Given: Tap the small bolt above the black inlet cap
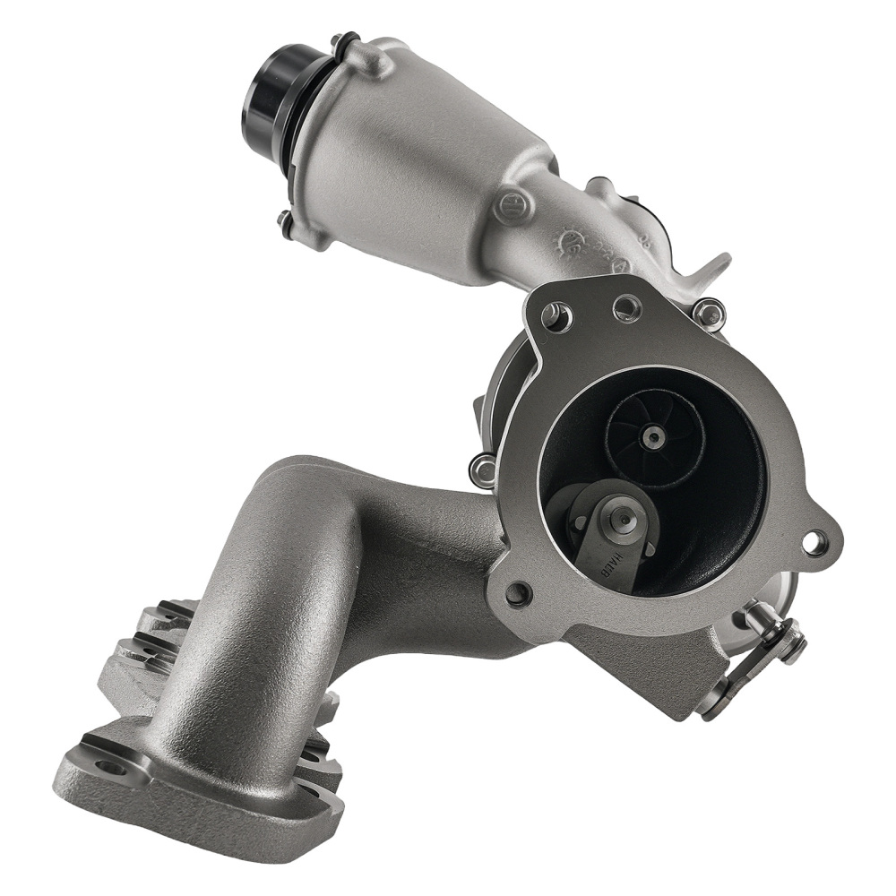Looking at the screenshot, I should pyautogui.click(x=339, y=41).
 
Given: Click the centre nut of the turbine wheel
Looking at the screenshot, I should pyautogui.click(x=656, y=437).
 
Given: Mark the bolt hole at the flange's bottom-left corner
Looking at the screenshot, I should pyautogui.click(x=517, y=591).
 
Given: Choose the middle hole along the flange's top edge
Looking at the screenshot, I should pyautogui.click(x=627, y=309).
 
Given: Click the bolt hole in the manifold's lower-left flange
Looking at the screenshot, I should pyautogui.click(x=108, y=768).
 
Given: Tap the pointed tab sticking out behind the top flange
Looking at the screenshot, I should pyautogui.click(x=717, y=265).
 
